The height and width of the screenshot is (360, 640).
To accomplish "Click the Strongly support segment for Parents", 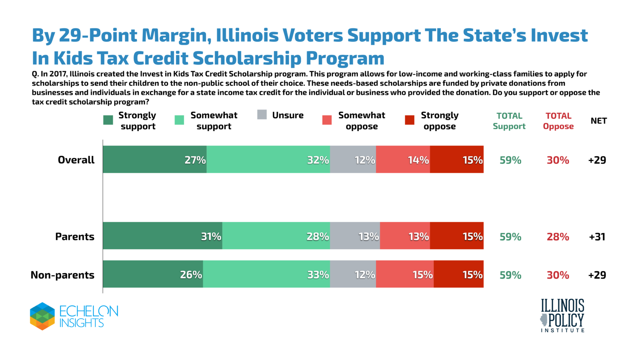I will coord(162,236).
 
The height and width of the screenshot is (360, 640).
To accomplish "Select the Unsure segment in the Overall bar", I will coord(353,160).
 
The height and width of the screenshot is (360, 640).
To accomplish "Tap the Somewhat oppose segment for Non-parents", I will coord(405,274).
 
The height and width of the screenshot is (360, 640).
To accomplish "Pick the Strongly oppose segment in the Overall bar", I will coord(457,160).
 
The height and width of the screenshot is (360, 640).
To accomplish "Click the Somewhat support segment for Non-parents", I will coord(266,274).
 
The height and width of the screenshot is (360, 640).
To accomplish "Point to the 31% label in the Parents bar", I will coord(211,237).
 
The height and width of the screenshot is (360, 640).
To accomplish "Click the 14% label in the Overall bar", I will coord(418,160).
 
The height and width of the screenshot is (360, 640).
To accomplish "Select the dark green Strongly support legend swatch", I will coord(108,120).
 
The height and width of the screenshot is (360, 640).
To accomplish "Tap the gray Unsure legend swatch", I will coord(262,115).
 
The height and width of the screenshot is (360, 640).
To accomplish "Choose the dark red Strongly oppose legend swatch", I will coord(410,120).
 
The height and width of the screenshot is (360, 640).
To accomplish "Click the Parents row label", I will coord(75,237).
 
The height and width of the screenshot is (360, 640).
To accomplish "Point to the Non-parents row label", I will coord(62,275).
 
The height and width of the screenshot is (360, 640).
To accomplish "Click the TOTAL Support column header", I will coord(509,121).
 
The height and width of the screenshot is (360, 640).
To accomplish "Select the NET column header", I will coord(599,121).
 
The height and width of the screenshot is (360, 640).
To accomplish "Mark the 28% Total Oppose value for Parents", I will coord(558,237).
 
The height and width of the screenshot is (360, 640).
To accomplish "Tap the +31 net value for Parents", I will coord(597,237).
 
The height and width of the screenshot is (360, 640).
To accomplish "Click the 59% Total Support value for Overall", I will coord(510,160).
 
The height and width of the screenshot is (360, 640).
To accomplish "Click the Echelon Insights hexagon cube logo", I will coord(42,316).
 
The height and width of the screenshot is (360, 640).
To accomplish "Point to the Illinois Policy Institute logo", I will coord(562,315).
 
